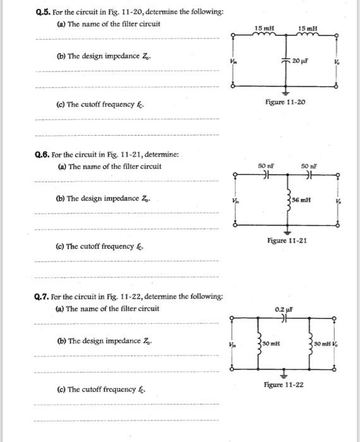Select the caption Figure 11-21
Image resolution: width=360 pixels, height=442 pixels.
[287, 241]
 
